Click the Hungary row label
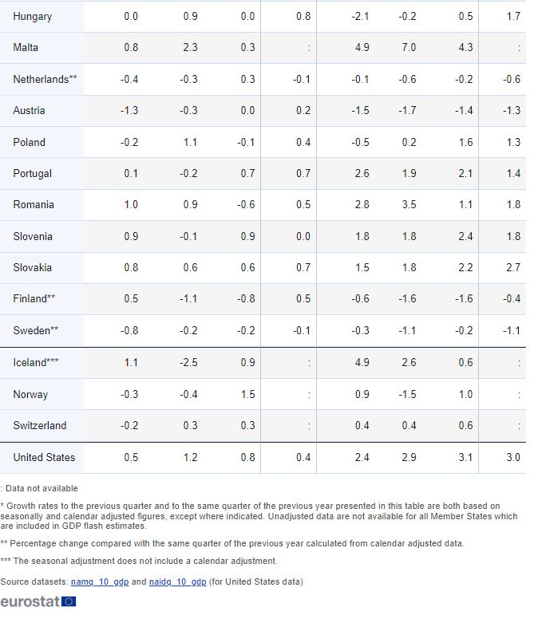(33, 16)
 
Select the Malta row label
(26, 47)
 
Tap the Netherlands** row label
(45, 79)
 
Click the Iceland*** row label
(36, 363)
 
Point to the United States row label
(44, 457)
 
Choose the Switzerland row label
(40, 425)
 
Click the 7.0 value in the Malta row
(408, 47)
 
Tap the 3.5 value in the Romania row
(408, 204)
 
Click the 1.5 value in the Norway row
(247, 394)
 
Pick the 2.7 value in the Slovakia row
(512, 267)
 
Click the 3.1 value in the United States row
(465, 457)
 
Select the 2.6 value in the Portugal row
(362, 173)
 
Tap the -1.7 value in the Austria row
(406, 110)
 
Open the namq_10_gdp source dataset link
(99, 582)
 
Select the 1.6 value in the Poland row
(465, 142)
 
